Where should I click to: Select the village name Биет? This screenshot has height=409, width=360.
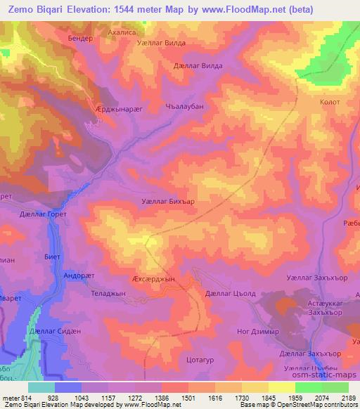tap(52, 257)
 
